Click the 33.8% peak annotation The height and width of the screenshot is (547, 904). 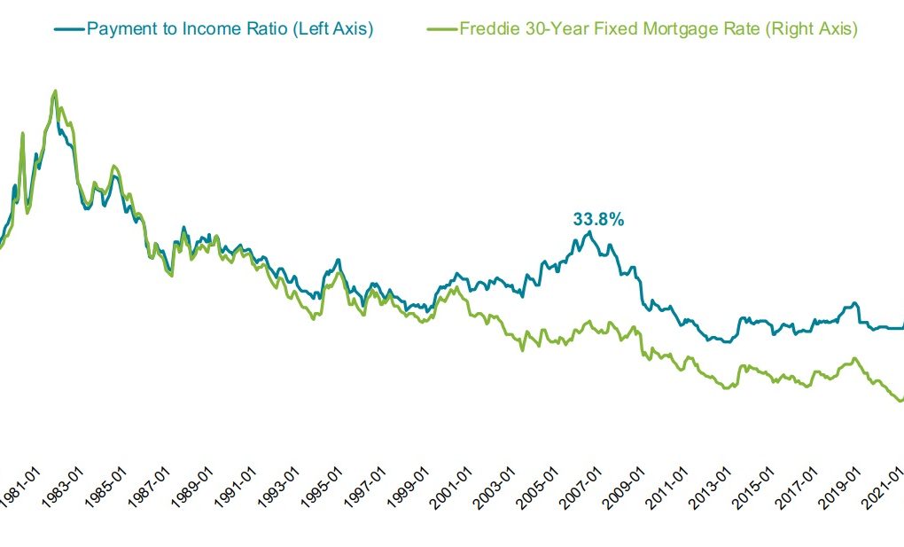597,219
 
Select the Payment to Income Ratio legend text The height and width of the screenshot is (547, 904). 230,28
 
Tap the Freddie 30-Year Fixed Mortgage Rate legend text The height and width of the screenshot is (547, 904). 658,28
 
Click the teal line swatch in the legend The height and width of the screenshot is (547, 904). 69,29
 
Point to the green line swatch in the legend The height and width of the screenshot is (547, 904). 442,29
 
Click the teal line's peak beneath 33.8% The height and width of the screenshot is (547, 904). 588,232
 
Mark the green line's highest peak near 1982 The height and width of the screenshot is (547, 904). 56,90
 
